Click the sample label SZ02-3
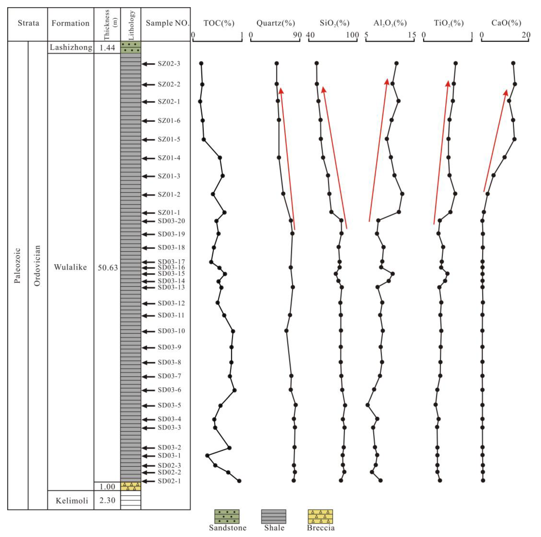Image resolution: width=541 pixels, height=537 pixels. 169,64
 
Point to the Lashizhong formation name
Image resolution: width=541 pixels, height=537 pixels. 71,47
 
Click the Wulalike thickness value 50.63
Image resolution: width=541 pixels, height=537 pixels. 108,268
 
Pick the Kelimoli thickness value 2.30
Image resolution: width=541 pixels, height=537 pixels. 107,500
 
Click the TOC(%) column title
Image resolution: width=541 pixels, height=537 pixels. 219,23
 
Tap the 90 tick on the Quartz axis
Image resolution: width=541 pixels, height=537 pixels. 297,35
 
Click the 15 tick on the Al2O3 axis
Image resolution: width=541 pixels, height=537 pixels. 412,35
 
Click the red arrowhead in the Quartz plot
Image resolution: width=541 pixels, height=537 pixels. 281,91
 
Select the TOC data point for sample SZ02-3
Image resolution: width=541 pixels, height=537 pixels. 201,63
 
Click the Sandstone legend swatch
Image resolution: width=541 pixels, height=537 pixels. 227,516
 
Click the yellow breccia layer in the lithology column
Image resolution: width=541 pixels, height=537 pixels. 131,486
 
